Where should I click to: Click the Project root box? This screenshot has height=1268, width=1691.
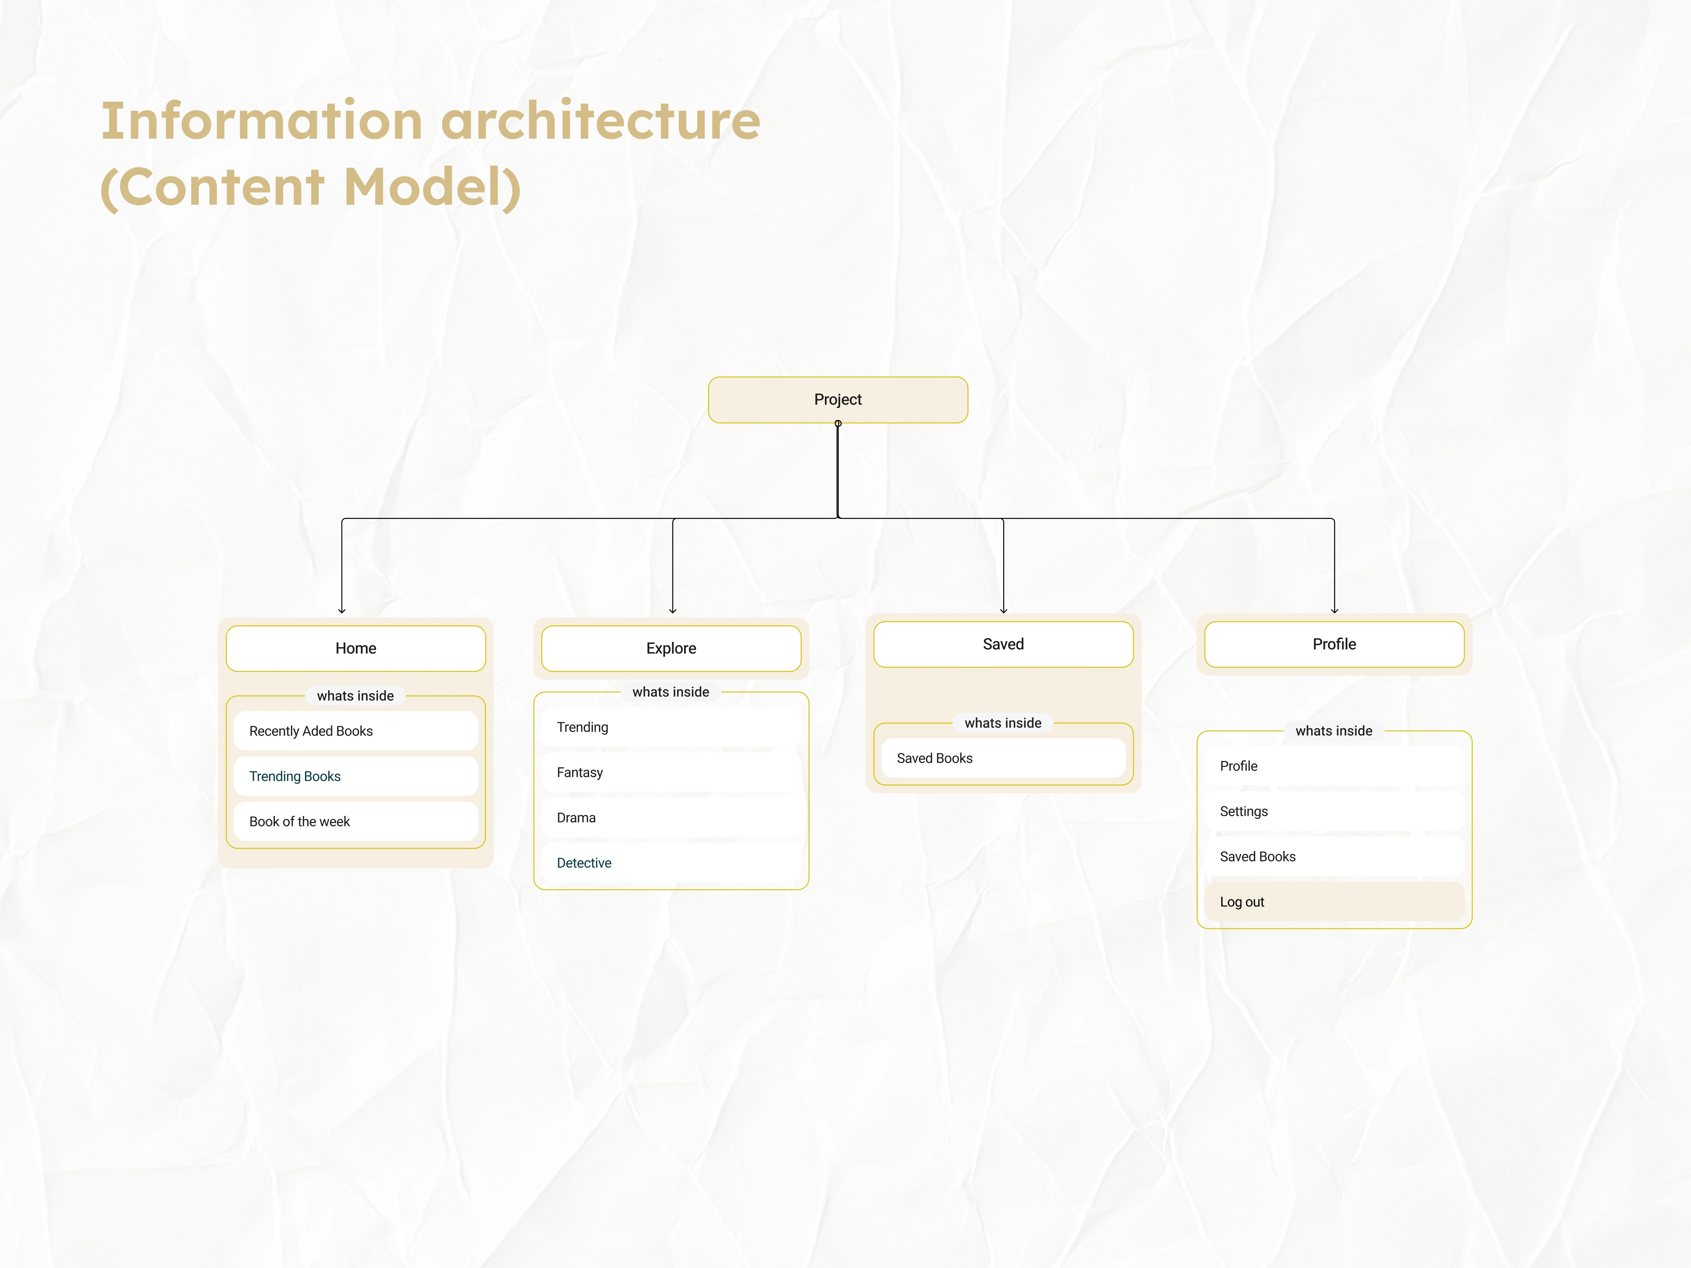[x=838, y=400]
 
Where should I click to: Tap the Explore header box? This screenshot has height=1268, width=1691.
[x=671, y=648]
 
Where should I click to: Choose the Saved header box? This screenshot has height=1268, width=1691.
[x=1003, y=644]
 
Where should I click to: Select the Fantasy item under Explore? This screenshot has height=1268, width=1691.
[x=671, y=772]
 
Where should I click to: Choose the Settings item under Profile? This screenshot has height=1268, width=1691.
[x=1334, y=811]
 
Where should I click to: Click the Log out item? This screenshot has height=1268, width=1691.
[x=1334, y=902]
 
